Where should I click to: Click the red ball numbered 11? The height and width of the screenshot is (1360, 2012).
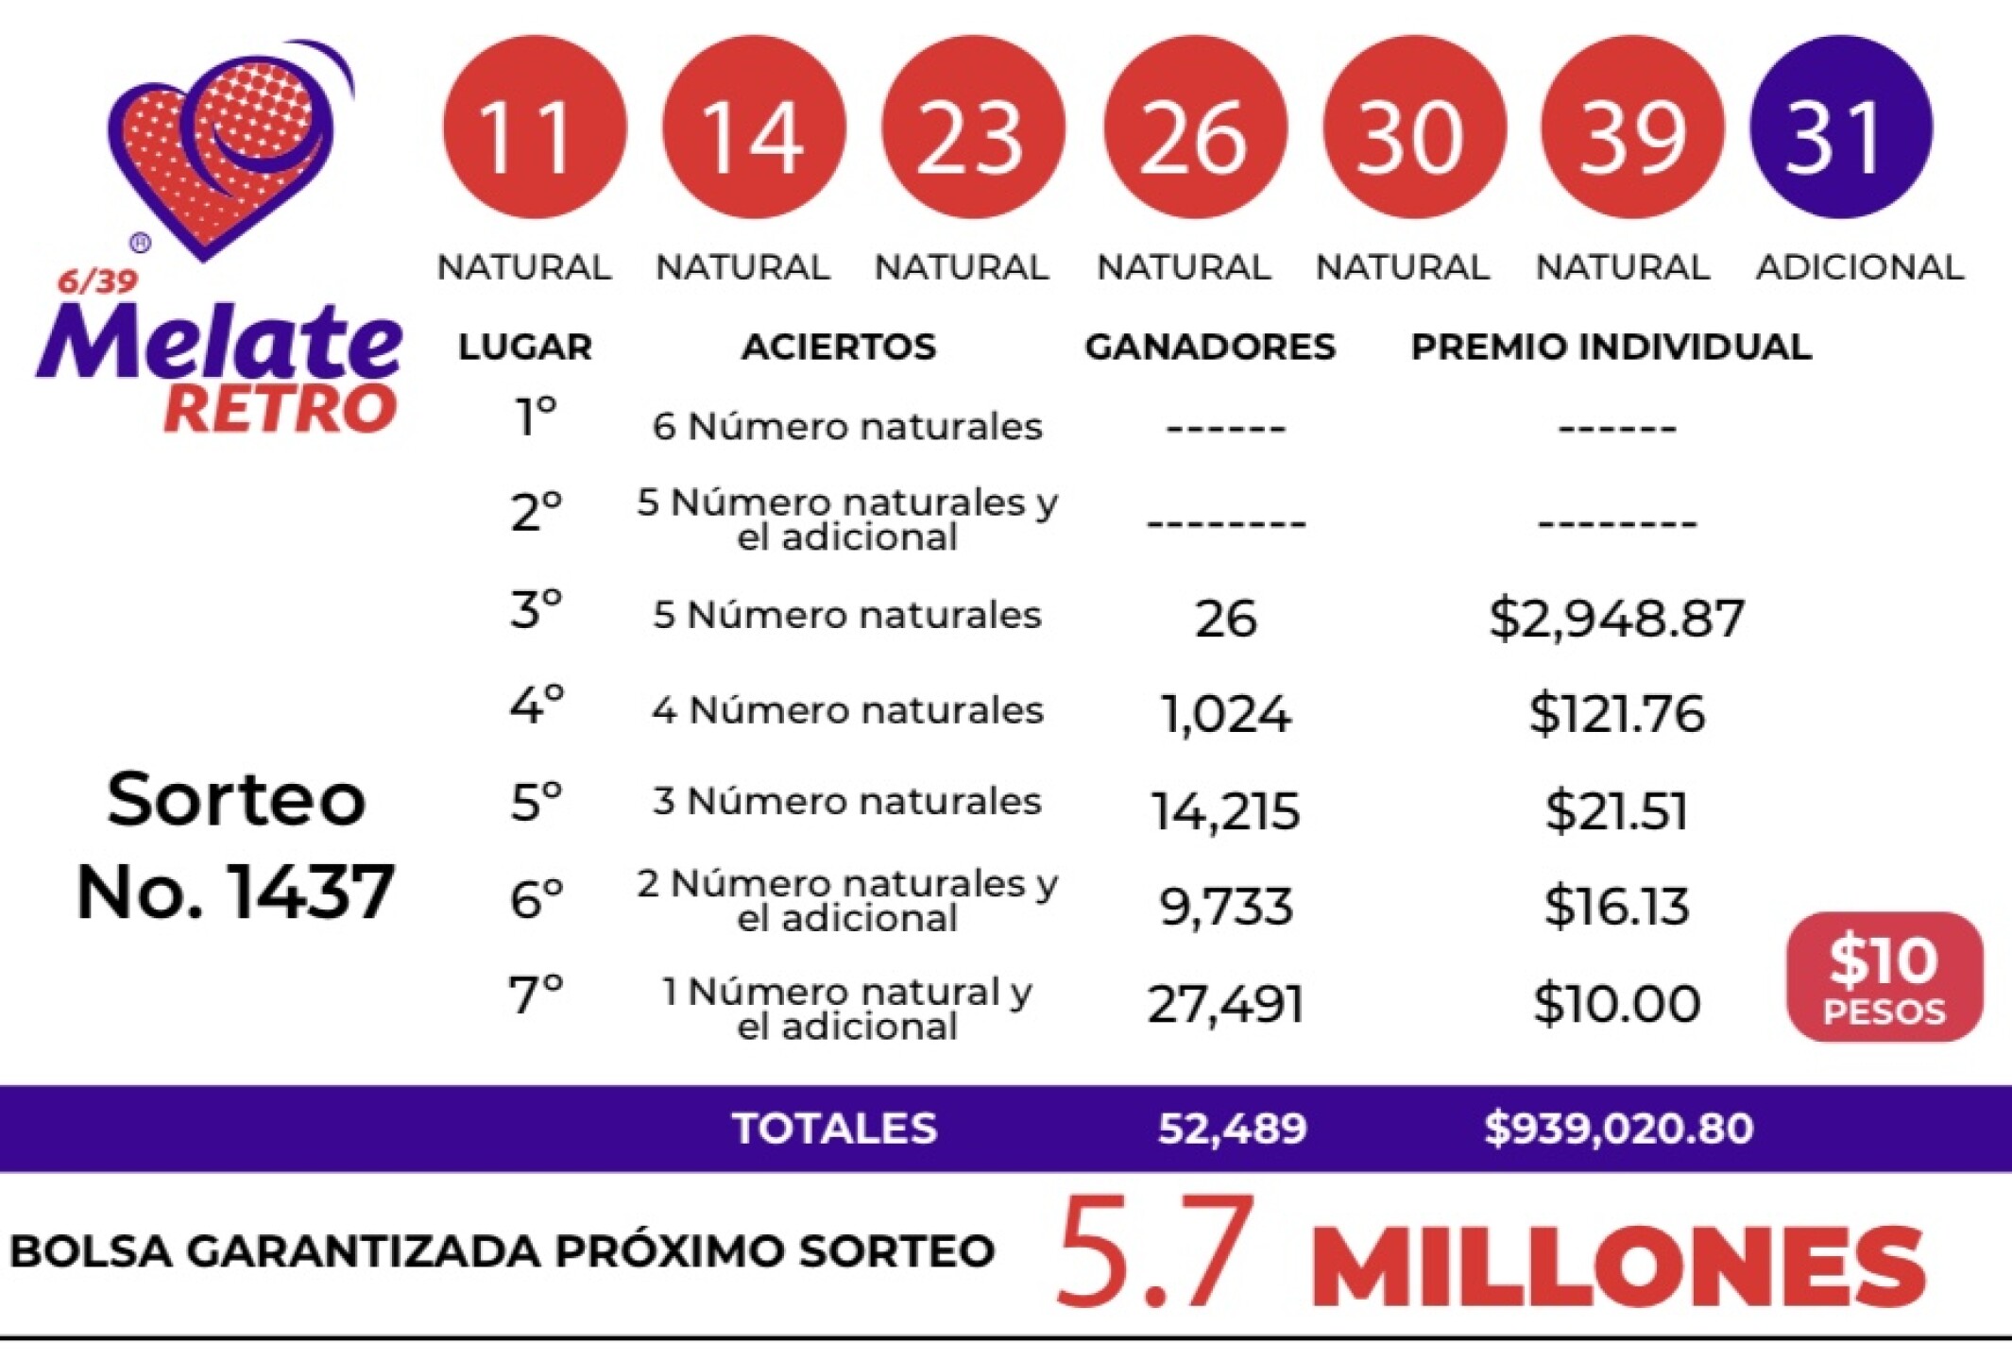pos(534,127)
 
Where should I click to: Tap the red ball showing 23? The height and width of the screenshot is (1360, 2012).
pos(973,127)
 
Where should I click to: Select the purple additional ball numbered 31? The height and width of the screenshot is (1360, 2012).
pos(1840,127)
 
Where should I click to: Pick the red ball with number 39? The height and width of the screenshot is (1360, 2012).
pos(1631,127)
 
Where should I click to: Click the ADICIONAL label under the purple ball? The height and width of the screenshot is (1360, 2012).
pos(1859,267)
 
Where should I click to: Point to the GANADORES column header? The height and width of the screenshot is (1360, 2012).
pos(1209,347)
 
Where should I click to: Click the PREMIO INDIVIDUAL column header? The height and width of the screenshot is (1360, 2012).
pos(1611,347)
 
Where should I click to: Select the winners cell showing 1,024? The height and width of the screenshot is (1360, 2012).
pos(1225,713)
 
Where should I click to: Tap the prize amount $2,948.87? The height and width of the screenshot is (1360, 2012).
pos(1616,619)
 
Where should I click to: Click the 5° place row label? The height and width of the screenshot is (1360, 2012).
pos(536,803)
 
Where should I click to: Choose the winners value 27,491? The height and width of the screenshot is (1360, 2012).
pos(1225,1003)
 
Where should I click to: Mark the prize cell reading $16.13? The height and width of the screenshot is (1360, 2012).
pos(1616,906)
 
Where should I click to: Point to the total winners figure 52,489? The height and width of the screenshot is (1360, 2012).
pos(1232,1128)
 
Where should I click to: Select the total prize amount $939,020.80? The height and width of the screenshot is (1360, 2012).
pos(1618,1128)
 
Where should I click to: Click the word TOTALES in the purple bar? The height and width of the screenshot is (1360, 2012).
pos(834,1128)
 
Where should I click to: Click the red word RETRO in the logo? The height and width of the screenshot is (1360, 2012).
pos(280,409)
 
